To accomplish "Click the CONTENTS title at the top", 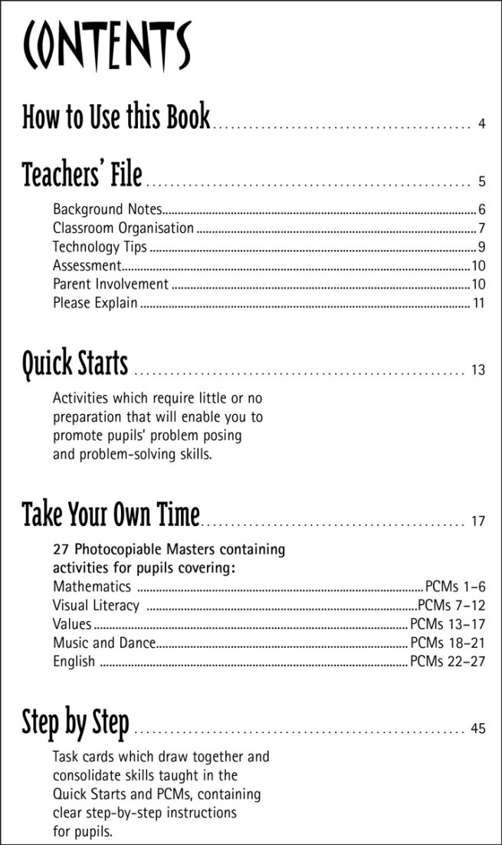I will tap(107, 45).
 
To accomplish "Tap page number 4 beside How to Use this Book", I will tap(481, 123).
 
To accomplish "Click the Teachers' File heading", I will tap(82, 175).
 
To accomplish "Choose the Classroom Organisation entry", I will tap(123, 228).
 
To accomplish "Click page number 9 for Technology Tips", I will tap(481, 247).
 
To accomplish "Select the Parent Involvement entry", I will tap(110, 284).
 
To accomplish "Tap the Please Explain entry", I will tap(95, 303).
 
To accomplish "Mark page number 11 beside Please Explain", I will tap(479, 303).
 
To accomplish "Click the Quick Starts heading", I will tap(75, 363).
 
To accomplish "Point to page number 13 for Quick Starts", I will tap(478, 370).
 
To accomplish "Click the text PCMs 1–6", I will tap(455, 587).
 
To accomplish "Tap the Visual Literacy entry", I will tap(96, 606).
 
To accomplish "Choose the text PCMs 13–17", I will tap(448, 624).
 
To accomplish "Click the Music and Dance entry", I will tap(104, 643).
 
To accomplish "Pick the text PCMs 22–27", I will tap(448, 661).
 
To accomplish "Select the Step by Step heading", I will tap(75, 722).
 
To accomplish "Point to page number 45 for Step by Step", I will tap(478, 728).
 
